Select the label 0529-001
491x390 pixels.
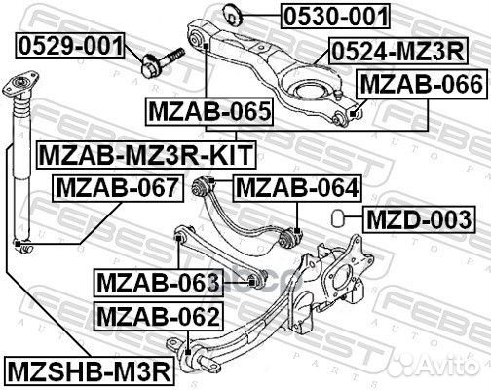tap(69, 44)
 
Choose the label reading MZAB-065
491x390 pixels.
tap(208, 113)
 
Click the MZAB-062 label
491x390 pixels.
tap(157, 315)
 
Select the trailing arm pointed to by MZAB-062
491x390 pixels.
tap(244, 335)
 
